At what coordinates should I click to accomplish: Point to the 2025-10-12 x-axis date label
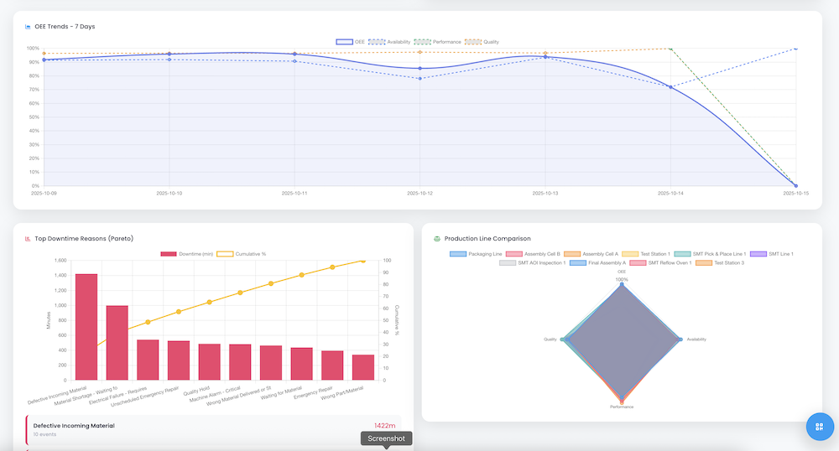[x=419, y=192]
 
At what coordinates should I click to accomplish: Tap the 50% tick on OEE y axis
[x=34, y=117]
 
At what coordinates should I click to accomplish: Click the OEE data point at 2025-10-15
[x=795, y=185]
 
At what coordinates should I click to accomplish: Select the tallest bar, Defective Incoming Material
[x=86, y=327]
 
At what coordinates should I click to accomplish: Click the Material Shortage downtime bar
[x=117, y=342]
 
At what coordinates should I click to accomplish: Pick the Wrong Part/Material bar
[x=363, y=367]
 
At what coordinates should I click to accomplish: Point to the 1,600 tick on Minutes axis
[x=60, y=261]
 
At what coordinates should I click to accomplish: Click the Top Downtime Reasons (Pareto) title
[x=84, y=239]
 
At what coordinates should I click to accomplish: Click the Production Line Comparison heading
[x=487, y=239]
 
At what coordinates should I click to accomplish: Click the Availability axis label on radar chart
[x=696, y=340]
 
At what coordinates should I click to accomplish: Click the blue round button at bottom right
[x=820, y=426]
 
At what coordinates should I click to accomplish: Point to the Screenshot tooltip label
[x=386, y=438]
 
